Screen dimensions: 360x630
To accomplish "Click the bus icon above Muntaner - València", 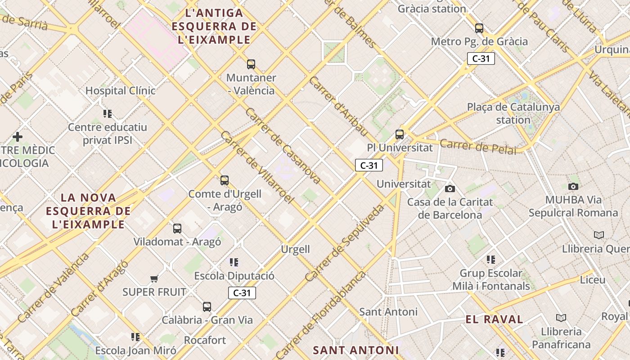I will (x=251, y=64).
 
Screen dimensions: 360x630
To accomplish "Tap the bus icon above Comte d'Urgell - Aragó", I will (x=225, y=180).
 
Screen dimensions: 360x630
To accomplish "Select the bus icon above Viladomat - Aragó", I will (x=177, y=229).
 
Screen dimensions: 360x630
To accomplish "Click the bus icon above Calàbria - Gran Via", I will (x=207, y=307).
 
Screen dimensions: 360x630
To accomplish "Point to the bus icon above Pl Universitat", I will (x=400, y=134).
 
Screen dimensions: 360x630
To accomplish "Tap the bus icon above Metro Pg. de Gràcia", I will (x=479, y=28).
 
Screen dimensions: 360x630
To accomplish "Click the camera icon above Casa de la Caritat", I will (x=450, y=189).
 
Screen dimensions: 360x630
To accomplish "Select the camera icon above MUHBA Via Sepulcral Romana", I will (x=573, y=186).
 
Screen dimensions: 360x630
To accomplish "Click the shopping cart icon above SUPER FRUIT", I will (x=154, y=279).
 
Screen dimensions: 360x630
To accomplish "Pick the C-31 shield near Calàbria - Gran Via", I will (x=242, y=293).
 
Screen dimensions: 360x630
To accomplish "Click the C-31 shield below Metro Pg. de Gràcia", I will (x=481, y=58).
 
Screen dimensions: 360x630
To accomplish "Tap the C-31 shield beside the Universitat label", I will (x=369, y=165).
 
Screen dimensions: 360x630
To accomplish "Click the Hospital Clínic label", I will (x=121, y=90).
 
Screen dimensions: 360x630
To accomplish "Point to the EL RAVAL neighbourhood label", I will (x=494, y=319).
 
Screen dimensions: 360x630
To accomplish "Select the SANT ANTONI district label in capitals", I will (x=355, y=350).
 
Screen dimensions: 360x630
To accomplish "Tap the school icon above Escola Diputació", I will (x=234, y=262).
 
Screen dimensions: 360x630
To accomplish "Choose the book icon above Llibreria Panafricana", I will (x=561, y=318).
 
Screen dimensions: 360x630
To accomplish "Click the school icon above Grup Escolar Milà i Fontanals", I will (x=490, y=260).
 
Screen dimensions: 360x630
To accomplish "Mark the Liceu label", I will (x=592, y=279).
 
